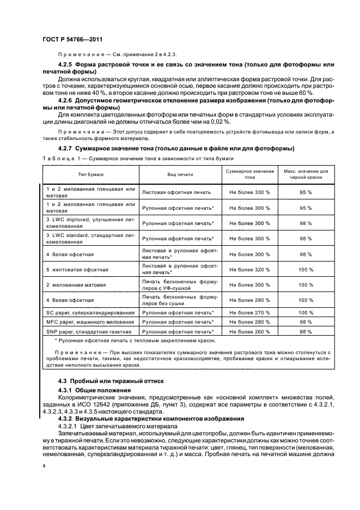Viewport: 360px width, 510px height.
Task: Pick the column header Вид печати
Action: tap(180, 174)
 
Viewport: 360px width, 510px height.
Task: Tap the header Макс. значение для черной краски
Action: tap(306, 174)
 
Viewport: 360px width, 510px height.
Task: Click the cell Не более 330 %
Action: tap(249, 192)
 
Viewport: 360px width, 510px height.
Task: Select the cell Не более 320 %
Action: tap(249, 270)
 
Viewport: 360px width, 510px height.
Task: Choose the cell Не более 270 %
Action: tap(249, 313)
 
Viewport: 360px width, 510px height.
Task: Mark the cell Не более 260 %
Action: tap(249, 331)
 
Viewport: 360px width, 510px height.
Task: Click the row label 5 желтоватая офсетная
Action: tap(77, 270)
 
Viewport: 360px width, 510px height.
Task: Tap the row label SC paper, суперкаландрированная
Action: tap(90, 313)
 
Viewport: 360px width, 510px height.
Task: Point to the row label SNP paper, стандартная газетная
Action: tap(88, 331)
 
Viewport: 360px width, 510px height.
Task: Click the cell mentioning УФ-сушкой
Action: tap(179, 285)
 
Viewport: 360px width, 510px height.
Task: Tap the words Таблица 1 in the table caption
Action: tap(58, 158)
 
